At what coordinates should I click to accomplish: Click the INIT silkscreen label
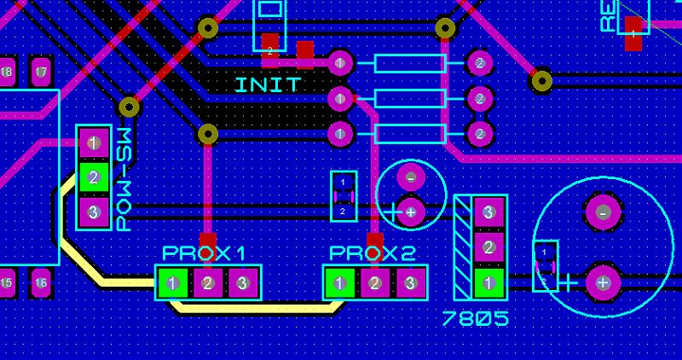268,85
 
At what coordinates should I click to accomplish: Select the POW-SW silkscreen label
124,180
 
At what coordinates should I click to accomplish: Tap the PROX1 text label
205,253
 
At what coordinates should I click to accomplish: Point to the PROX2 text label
373,253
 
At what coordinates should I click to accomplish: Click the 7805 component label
476,319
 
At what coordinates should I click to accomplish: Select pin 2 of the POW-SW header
94,177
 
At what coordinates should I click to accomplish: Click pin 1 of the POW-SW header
94,142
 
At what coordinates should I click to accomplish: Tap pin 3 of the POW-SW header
94,212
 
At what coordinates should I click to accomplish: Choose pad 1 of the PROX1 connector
173,282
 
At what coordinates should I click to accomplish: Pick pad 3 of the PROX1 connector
242,282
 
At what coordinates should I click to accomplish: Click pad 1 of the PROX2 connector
340,282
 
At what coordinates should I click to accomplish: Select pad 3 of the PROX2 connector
410,282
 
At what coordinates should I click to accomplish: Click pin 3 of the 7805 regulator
488,212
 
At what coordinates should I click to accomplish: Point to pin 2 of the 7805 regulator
488,247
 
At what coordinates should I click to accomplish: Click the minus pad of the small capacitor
411,178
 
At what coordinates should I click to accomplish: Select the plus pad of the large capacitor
604,282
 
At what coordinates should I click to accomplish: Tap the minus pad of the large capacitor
604,212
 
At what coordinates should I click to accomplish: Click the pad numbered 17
40,73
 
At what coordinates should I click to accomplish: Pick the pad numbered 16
40,282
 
